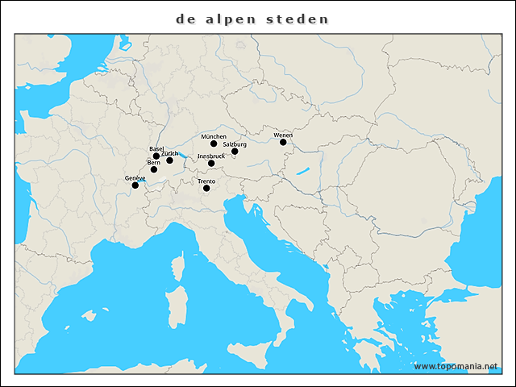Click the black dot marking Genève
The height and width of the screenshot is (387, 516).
pyautogui.click(x=135, y=185)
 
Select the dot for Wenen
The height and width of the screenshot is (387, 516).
pyautogui.click(x=283, y=142)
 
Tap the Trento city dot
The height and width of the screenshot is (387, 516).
pyautogui.click(x=206, y=189)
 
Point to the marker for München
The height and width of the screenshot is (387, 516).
pyautogui.click(x=214, y=144)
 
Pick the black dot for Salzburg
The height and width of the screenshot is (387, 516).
pyautogui.click(x=235, y=151)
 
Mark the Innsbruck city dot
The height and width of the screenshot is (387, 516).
pyautogui.click(x=211, y=164)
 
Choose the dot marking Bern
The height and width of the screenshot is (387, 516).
pyautogui.click(x=154, y=169)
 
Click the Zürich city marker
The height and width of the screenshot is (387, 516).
pyautogui.click(x=169, y=160)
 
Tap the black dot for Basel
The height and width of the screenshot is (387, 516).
pyautogui.click(x=156, y=156)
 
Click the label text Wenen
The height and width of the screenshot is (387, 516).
pyautogui.click(x=282, y=135)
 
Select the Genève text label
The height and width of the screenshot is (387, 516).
pyautogui.click(x=135, y=177)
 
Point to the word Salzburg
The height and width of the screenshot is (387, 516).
pyautogui.click(x=235, y=144)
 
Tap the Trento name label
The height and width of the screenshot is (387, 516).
pyautogui.click(x=206, y=181)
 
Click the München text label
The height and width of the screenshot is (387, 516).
pyautogui.click(x=214, y=136)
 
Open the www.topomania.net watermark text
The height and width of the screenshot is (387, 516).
pyautogui.click(x=456, y=366)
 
